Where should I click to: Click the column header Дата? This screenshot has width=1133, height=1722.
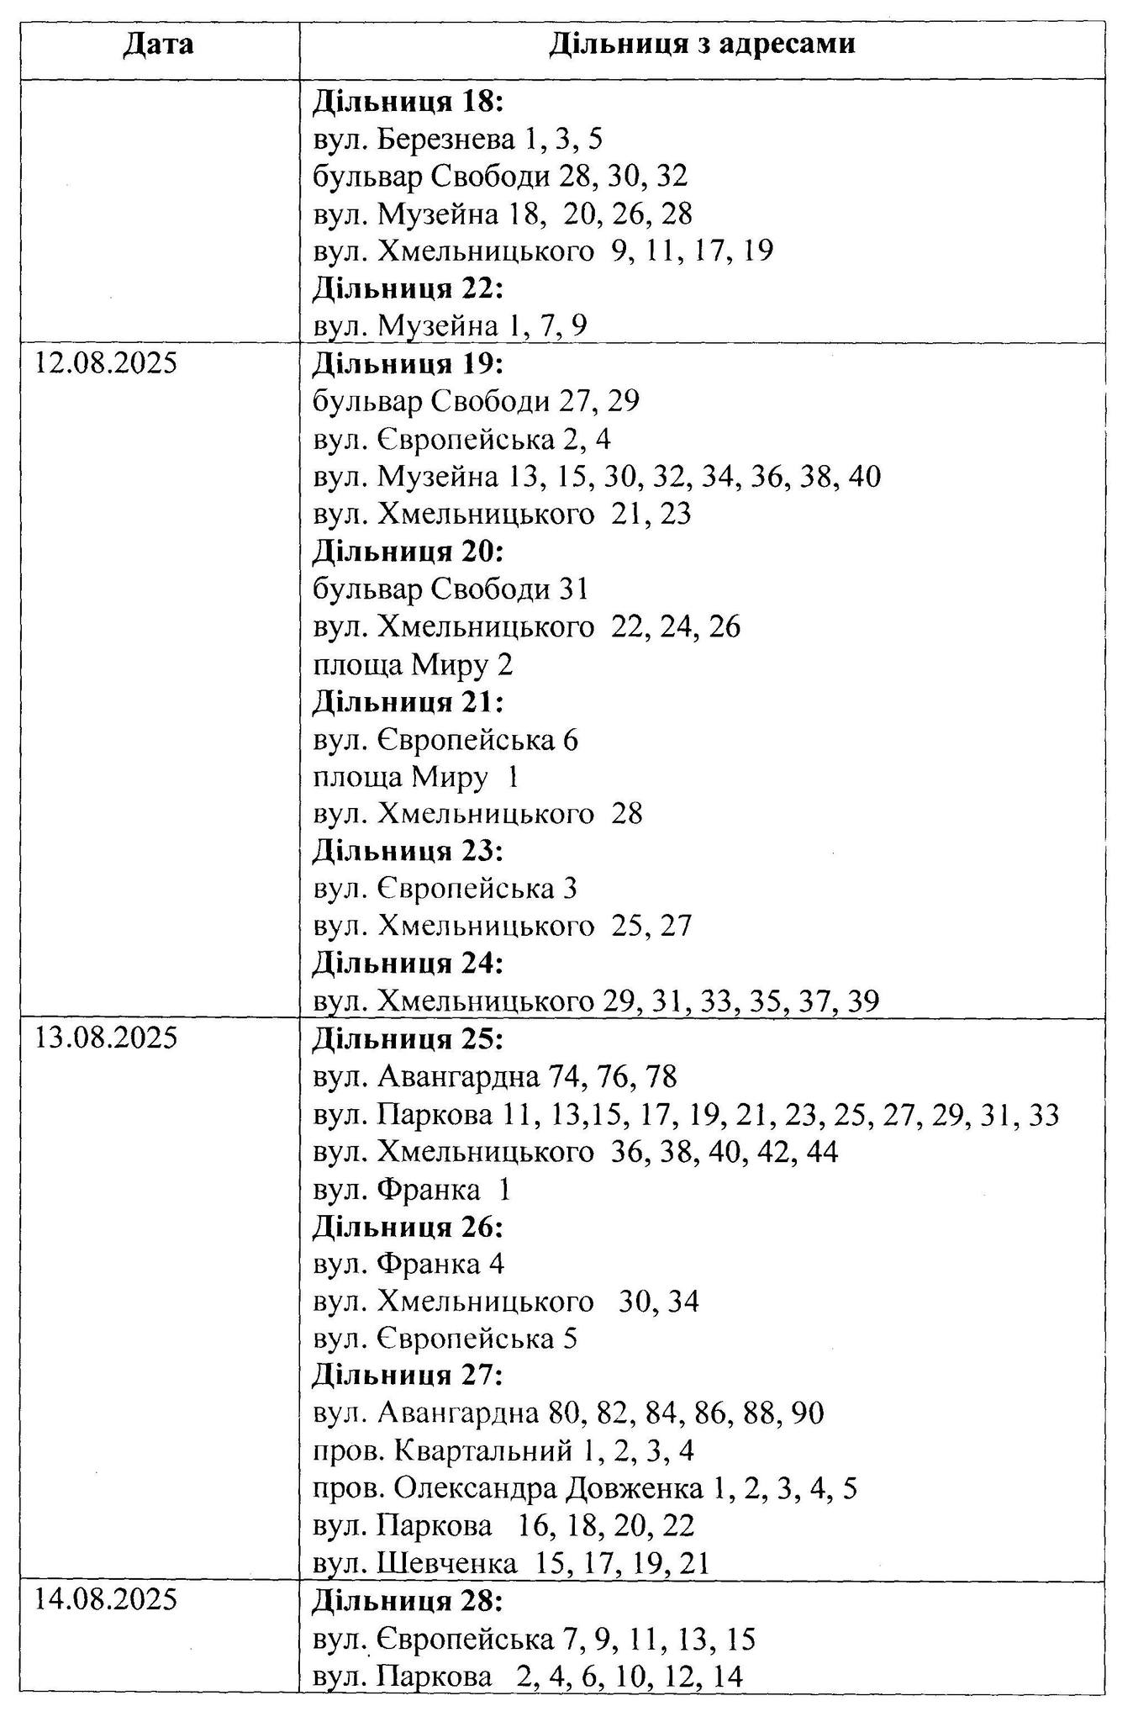tap(158, 44)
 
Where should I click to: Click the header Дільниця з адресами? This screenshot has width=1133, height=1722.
tap(702, 44)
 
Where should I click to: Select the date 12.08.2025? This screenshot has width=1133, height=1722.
tap(106, 364)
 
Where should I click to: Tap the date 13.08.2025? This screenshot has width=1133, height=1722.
tap(106, 1038)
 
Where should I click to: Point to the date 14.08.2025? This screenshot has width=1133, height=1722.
tap(106, 1600)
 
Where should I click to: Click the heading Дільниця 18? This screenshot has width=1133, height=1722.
tap(408, 102)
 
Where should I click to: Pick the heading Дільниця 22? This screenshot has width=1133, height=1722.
tap(408, 288)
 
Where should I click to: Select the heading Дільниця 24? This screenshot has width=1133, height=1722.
tap(408, 963)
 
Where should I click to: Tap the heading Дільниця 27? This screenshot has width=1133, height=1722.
tap(408, 1376)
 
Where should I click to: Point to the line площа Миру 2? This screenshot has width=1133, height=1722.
tap(413, 665)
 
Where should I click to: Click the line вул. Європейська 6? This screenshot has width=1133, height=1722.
tap(445, 740)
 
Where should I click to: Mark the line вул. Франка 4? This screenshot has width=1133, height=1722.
tap(408, 1264)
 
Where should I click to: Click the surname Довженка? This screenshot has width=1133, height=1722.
tap(635, 1488)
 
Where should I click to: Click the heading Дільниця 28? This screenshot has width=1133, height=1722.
tap(408, 1601)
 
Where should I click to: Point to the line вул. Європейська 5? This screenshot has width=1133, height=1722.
tap(445, 1339)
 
